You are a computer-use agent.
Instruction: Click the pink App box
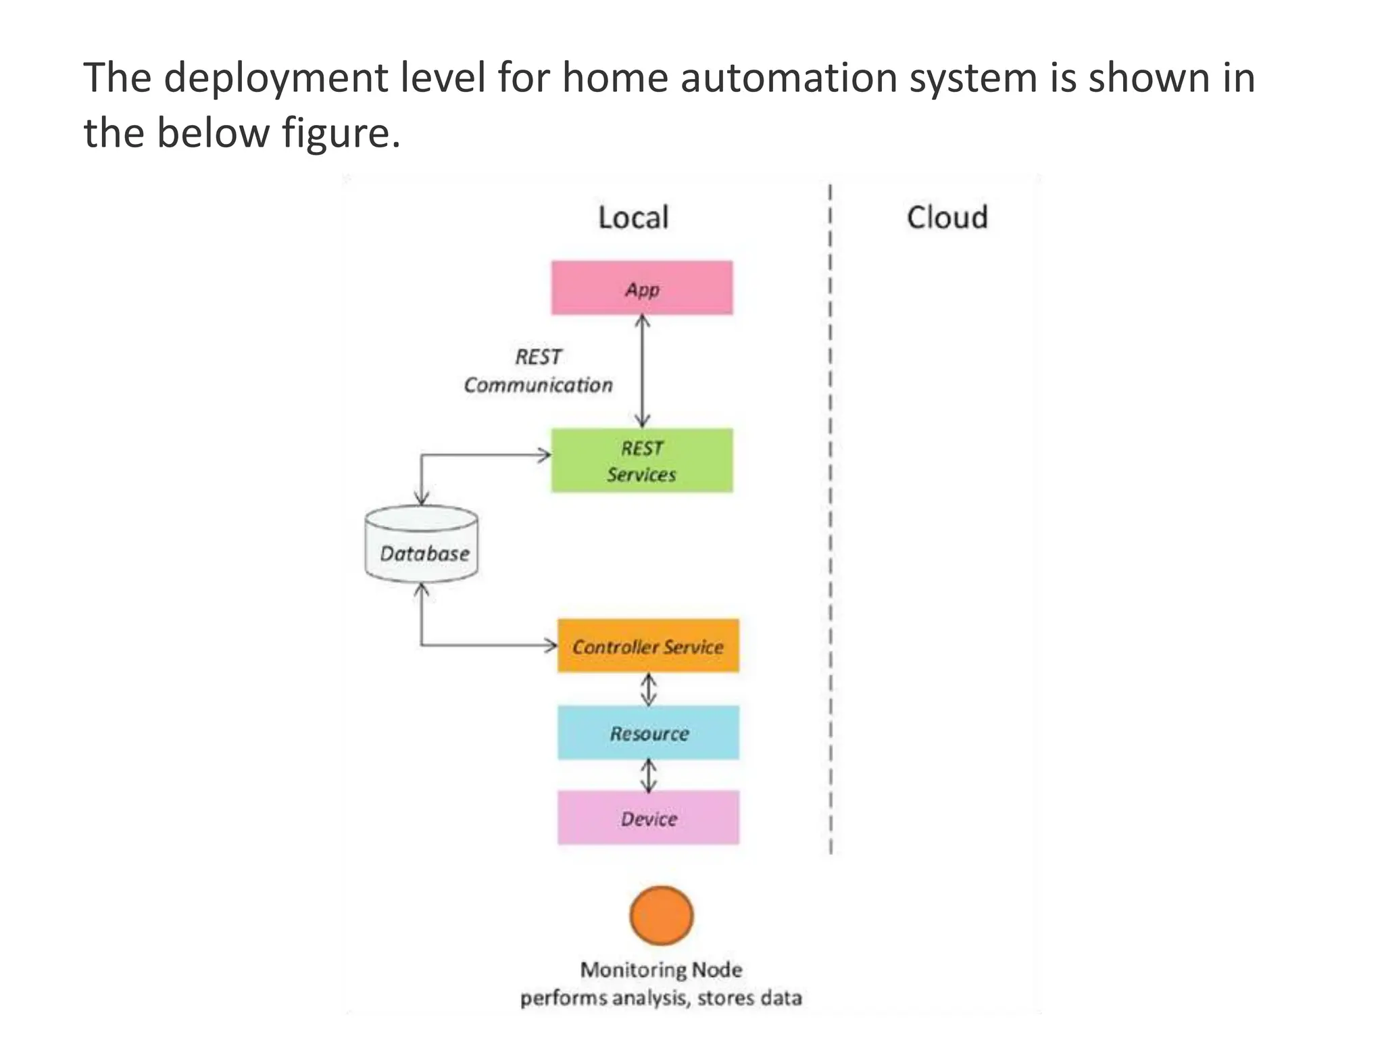point(641,288)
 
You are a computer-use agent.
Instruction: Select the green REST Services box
point(641,460)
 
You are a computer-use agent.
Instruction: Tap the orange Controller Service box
point(647,646)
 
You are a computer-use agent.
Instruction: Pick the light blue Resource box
point(647,733)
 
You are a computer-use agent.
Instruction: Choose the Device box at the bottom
point(647,818)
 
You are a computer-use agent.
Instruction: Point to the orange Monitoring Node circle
point(661,915)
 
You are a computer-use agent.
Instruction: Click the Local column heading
point(633,218)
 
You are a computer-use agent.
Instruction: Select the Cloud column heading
point(947,218)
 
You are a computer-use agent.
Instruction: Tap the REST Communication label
point(538,371)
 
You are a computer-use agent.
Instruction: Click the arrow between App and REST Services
point(642,371)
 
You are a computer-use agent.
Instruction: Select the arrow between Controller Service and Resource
point(648,689)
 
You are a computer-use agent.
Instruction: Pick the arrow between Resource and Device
point(648,775)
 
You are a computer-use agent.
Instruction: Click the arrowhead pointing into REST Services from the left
point(545,455)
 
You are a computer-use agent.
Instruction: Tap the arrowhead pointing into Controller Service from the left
point(551,645)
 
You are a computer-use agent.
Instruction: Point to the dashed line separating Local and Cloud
point(831,514)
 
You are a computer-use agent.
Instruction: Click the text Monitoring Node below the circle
point(661,970)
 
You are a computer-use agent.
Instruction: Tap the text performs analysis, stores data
point(661,998)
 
